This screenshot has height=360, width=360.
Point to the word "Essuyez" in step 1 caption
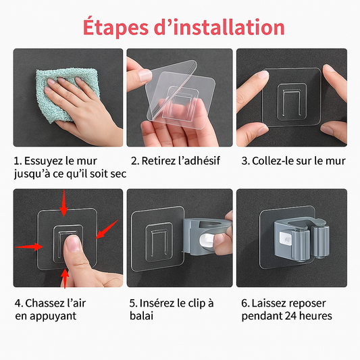tap(44, 161)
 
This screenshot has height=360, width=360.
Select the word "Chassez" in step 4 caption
tap(44, 303)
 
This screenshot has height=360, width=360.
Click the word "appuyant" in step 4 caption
tap(56, 315)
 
